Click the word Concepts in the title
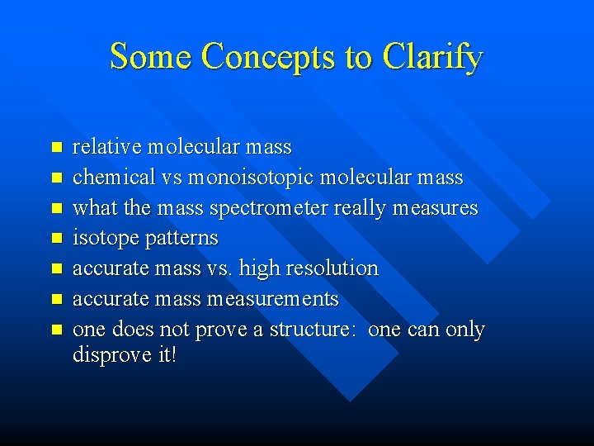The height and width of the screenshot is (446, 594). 269,57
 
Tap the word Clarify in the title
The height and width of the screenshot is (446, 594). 431,57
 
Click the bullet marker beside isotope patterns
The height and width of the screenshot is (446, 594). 56,239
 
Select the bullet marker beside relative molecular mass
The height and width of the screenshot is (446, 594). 56,148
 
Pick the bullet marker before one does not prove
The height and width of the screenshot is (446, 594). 56,330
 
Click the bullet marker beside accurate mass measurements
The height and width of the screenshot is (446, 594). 56,299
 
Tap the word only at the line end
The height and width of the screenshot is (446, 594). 464,329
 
